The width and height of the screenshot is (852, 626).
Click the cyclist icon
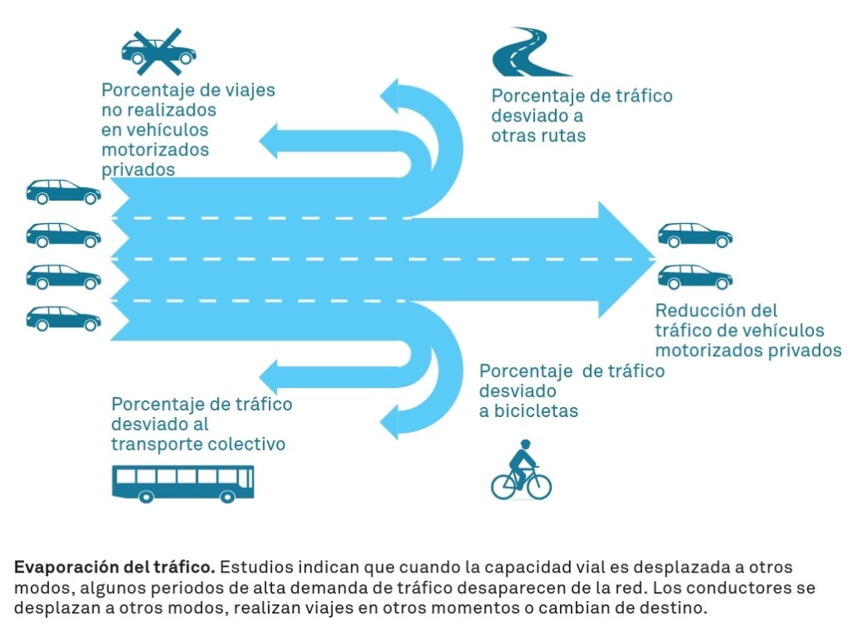click(522, 469)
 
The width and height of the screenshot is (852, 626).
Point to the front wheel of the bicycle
click(539, 486)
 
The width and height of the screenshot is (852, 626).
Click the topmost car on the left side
click(63, 191)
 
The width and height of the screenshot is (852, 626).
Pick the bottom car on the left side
click(63, 317)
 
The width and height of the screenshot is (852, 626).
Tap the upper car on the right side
click(695, 236)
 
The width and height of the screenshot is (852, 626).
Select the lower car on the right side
click(695, 276)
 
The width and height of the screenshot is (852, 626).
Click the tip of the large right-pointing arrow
click(652, 259)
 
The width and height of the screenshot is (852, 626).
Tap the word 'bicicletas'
click(528, 410)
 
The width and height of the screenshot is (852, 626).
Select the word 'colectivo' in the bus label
click(249, 444)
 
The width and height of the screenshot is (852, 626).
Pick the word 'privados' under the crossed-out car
click(138, 169)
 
